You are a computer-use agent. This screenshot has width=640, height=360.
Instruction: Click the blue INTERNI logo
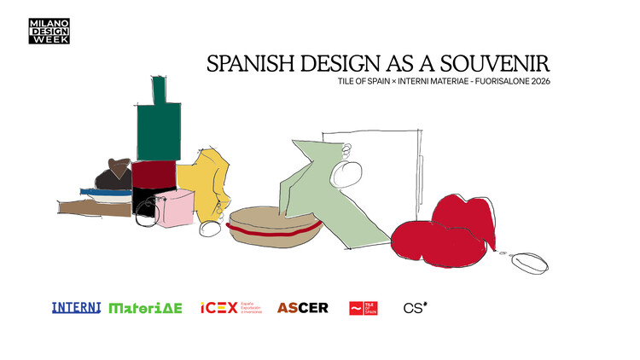[x=76, y=307]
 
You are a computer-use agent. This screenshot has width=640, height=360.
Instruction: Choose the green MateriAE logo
[x=145, y=307]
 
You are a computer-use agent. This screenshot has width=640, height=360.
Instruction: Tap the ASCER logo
[x=302, y=307]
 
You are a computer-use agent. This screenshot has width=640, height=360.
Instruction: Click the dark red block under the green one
[x=154, y=173]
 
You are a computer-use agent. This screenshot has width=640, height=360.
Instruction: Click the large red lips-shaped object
[x=444, y=233]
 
